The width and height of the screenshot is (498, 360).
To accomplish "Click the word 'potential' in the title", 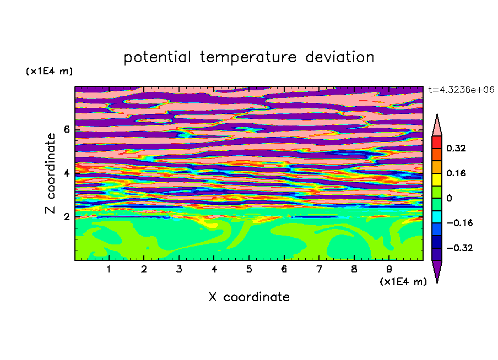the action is coord(157,58).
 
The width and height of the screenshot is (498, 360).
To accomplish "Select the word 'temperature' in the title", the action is coord(248,58).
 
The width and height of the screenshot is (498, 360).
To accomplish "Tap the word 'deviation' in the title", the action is coord(340,57).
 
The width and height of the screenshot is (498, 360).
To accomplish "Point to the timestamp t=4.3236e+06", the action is coord(461,90).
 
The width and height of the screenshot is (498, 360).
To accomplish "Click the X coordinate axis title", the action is coord(249,297).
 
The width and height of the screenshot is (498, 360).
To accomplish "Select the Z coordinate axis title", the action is coord(51,173).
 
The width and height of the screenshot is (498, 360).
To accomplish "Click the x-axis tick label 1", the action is coord(109,269).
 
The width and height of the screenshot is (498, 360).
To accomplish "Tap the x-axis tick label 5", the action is coord(249,269).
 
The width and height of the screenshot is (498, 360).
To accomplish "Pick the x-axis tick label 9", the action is coord(389,269).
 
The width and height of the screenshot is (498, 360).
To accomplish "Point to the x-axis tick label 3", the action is coord(179,269).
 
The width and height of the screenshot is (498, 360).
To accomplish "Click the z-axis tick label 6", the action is coord(66,129).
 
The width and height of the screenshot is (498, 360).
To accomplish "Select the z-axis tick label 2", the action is coord(66,217).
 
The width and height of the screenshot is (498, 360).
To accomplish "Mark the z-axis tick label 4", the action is coord(66,173).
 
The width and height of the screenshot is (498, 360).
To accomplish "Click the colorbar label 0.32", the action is coord(456,148).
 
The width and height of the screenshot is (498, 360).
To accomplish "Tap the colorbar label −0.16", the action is coord(459,223).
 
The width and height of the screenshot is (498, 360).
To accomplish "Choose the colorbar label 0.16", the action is coord(456,173).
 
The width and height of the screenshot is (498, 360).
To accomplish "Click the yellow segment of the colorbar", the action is coord(437,179).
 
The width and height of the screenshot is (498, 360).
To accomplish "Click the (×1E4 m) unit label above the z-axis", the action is coord(50,72).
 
